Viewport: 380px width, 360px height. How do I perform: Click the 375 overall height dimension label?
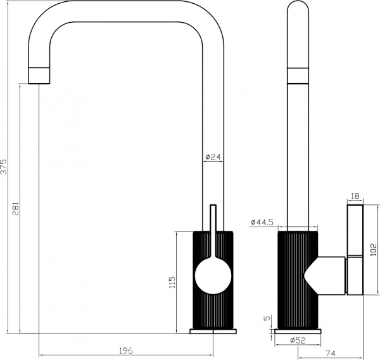coord(4,168)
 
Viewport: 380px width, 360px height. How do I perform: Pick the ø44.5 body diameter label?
coord(262,222)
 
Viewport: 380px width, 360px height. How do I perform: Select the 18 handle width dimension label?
coord(355,197)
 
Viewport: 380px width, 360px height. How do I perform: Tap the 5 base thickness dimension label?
coord(267,319)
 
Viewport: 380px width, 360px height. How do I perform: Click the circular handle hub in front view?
coord(213,276)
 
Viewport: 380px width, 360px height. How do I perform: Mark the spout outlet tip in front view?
coord(39,74)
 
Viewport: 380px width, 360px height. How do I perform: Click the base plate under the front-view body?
coord(213,331)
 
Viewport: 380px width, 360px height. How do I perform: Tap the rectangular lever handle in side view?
coord(355,251)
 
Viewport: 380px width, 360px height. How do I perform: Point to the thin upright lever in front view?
coord(213,228)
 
